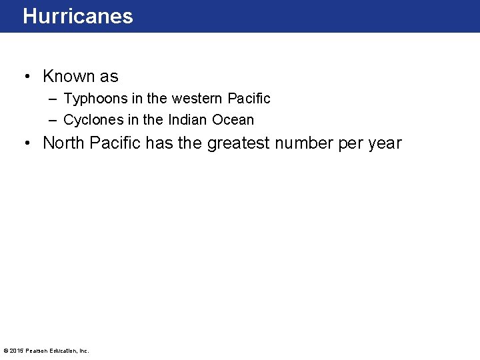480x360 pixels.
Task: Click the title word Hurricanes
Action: click(78, 17)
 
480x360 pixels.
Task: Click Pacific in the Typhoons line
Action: click(249, 99)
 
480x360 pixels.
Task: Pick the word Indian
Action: click(187, 120)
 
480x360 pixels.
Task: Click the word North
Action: click(64, 143)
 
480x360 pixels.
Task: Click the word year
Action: click(384, 143)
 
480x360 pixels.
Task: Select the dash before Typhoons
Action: click(53, 99)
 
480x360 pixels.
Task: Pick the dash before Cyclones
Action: click(53, 121)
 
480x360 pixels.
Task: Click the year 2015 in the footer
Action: click(16, 351)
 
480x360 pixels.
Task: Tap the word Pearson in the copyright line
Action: click(37, 351)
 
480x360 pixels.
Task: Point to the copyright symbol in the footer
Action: click(5, 351)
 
